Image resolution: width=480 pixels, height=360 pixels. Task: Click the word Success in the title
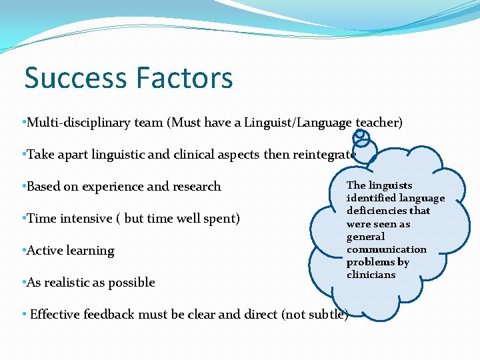(70, 77)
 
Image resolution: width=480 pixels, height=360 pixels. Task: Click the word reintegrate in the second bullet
(323, 154)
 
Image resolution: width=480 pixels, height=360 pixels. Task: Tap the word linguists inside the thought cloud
(389, 185)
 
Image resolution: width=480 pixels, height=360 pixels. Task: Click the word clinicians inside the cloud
(371, 275)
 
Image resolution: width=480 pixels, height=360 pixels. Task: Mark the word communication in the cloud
(386, 249)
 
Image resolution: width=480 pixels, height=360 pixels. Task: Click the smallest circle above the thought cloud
(360, 134)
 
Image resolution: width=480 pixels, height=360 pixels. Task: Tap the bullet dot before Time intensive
(24, 218)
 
